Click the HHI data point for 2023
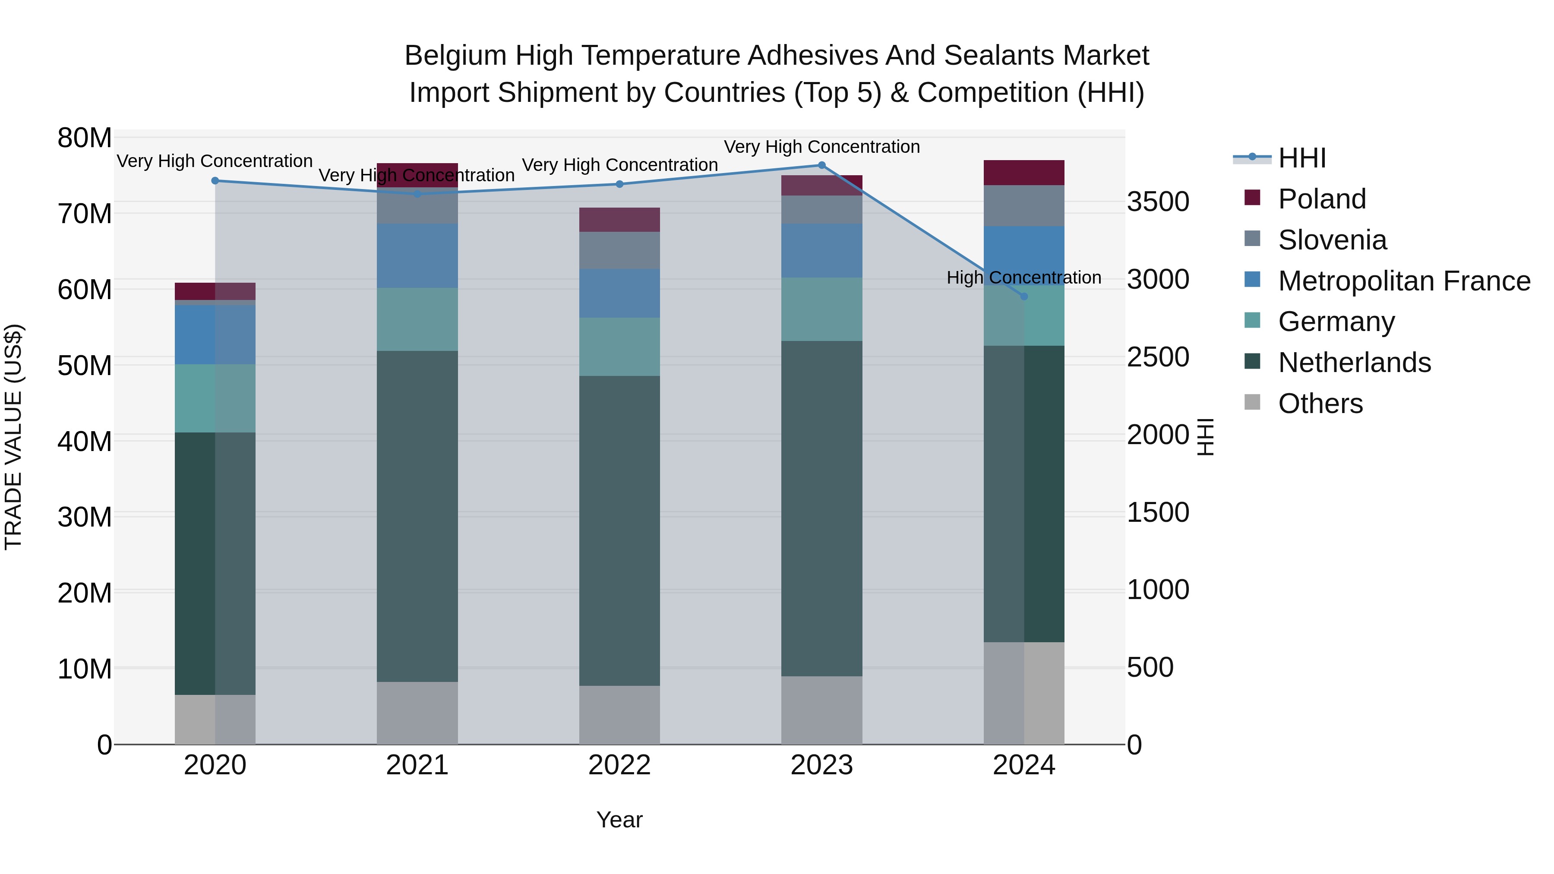click(x=821, y=165)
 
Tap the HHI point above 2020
click(x=215, y=181)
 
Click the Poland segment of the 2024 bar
click(x=1024, y=173)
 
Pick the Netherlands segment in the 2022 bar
click(x=619, y=531)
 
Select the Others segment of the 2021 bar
click(x=417, y=713)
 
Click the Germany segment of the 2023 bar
click(x=821, y=309)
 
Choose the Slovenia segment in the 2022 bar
click(x=619, y=250)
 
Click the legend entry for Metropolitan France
click(x=1404, y=281)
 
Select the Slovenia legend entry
click(x=1332, y=240)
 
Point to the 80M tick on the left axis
click(x=85, y=138)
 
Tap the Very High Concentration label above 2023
click(x=821, y=147)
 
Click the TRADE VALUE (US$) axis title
click(x=13, y=437)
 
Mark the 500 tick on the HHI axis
click(x=1150, y=668)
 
